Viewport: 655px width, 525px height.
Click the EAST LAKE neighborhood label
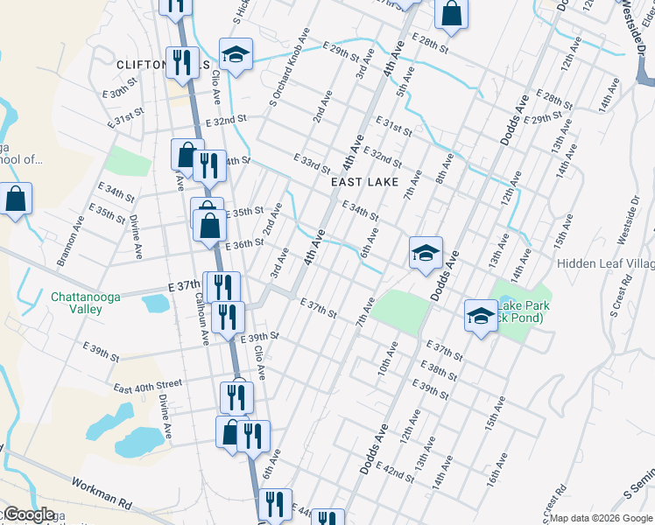click(x=365, y=182)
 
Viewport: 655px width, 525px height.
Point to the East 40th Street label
click(x=147, y=383)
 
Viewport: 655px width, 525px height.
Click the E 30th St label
click(x=121, y=92)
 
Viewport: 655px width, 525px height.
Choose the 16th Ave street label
click(x=498, y=472)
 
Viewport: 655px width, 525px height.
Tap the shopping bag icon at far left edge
click(x=15, y=199)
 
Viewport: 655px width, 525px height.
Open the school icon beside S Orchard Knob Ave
click(x=236, y=55)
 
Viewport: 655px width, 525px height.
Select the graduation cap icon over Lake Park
click(x=481, y=316)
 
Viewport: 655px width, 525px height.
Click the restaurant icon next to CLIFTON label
click(x=181, y=60)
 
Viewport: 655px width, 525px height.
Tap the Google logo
click(x=28, y=515)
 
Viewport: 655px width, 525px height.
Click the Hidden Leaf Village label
click(x=605, y=262)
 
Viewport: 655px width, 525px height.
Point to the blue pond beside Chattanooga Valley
click(x=156, y=304)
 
